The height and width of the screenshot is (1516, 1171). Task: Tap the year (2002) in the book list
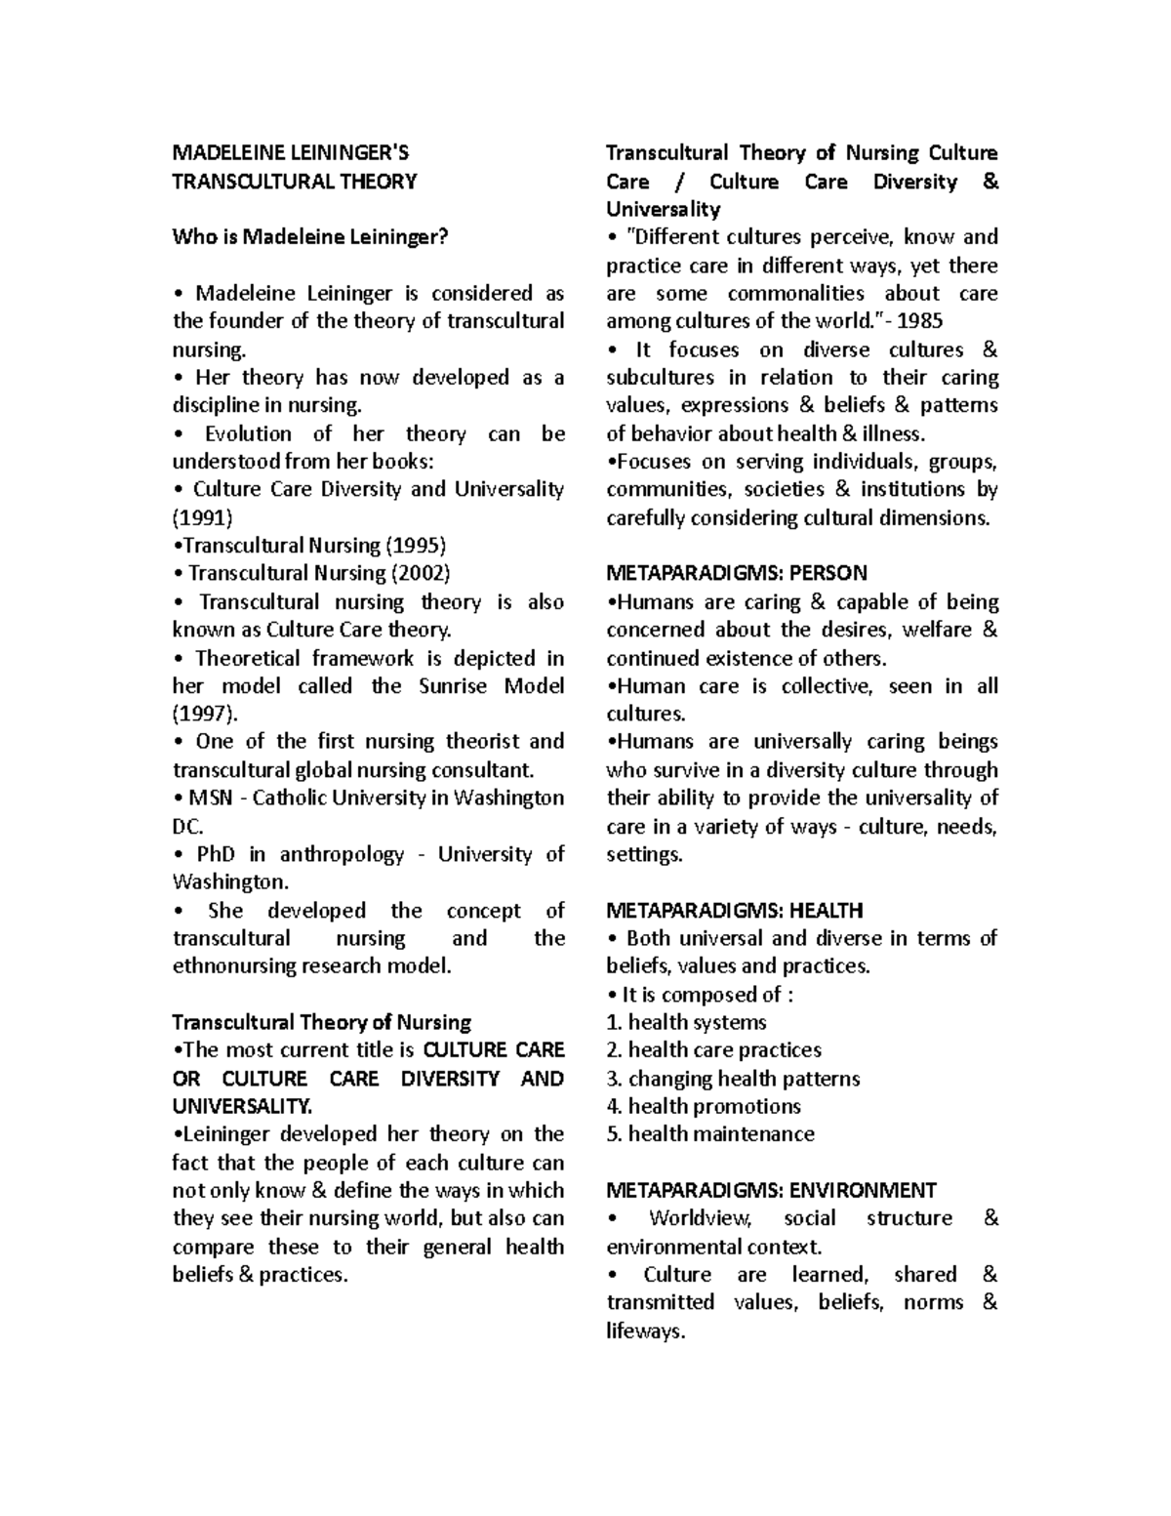point(421,574)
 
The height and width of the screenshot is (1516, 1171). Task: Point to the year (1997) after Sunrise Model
point(202,714)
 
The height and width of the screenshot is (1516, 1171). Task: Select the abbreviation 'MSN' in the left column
point(212,799)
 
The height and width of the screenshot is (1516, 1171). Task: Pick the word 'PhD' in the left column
point(216,855)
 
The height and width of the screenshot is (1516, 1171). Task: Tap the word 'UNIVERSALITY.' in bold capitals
point(242,1107)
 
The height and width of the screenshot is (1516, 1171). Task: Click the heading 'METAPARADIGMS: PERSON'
point(737,574)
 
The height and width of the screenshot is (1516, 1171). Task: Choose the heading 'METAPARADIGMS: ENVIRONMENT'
point(771,1191)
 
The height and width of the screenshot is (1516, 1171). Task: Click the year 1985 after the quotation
point(921,321)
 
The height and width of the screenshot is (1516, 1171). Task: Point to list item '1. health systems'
point(686,1023)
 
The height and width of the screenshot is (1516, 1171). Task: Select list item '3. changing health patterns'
point(733,1080)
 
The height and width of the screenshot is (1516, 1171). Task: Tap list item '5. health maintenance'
point(709,1135)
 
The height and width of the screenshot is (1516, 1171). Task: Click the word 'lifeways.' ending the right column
point(645,1332)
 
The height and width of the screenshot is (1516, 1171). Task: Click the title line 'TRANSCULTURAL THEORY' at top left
point(294,182)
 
